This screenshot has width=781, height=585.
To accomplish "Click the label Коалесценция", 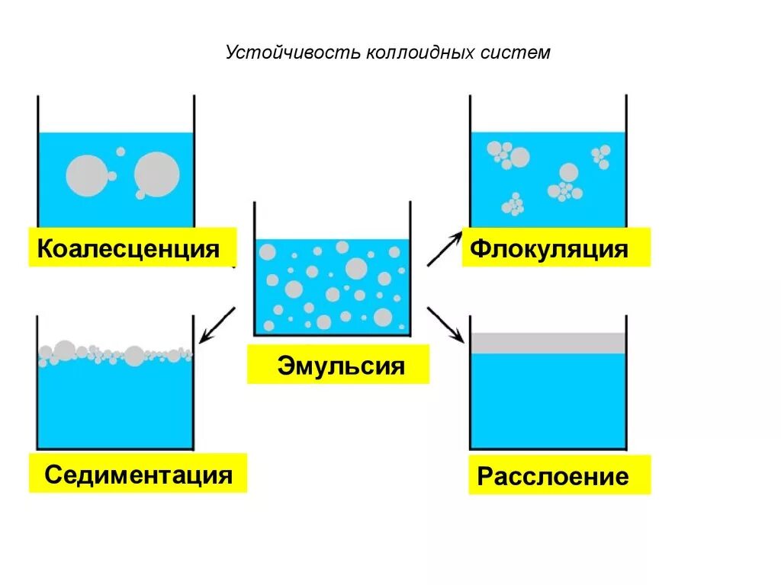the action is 129,248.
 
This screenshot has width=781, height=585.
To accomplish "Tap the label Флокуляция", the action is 549,248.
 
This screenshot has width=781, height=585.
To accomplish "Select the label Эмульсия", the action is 340,366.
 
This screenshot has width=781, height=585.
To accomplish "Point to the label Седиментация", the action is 138,475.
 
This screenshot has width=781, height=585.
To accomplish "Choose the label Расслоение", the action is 553,477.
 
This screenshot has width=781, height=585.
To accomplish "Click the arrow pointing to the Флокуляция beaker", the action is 444,249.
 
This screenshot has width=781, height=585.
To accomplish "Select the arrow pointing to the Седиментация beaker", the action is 217,324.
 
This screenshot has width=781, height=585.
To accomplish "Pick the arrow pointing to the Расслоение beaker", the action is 445,323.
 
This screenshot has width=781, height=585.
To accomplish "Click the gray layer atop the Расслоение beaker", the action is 548,343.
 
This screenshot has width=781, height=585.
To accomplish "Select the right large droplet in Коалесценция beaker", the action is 158,174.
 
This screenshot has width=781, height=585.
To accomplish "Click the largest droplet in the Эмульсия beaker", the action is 356,268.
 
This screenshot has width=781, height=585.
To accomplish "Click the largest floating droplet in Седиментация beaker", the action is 134,355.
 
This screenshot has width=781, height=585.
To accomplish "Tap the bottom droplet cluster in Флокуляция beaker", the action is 513,204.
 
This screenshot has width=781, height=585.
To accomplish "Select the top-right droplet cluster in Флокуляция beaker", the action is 601,156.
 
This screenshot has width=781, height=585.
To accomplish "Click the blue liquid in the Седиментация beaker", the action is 114,404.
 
